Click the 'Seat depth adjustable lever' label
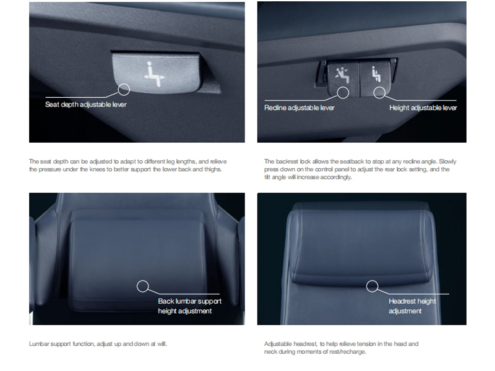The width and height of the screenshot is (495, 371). click(x=86, y=104)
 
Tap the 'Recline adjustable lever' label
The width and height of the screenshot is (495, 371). click(x=299, y=108)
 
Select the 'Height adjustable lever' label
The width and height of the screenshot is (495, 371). click(x=423, y=108)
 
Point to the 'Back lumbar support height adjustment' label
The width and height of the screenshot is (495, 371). click(x=190, y=306)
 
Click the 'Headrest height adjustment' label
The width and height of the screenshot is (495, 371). click(x=412, y=306)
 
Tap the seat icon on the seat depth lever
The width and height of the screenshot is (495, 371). click(x=154, y=74)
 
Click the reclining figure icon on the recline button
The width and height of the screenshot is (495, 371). click(x=342, y=75)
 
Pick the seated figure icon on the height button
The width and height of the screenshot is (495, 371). click(x=376, y=74)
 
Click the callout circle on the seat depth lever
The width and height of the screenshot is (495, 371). click(x=124, y=90)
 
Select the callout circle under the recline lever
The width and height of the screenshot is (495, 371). click(x=343, y=92)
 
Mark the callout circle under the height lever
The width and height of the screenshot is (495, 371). click(x=379, y=92)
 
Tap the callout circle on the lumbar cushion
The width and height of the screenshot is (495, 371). click(x=143, y=286)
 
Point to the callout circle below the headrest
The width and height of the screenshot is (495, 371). click(x=372, y=286)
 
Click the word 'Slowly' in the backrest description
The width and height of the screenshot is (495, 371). click(x=447, y=161)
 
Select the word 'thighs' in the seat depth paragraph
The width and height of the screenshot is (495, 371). click(x=213, y=169)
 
